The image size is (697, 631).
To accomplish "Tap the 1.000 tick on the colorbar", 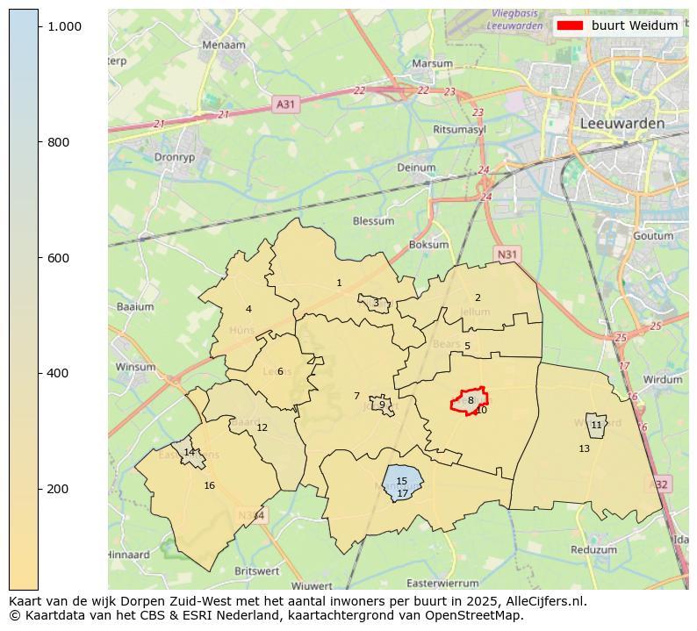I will [x=64, y=27].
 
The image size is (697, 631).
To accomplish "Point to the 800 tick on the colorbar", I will [x=58, y=142].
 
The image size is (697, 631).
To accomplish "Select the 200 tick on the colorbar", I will [x=58, y=489].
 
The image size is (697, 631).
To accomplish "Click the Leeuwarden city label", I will [x=622, y=124].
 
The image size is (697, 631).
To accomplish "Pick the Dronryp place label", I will [x=173, y=158].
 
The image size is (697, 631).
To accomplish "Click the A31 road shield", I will [x=286, y=104].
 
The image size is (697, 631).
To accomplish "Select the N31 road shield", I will [x=507, y=255].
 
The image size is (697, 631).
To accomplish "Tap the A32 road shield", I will [x=660, y=484].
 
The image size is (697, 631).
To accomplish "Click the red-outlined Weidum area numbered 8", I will [x=470, y=400].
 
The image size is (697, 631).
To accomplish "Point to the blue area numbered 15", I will [x=402, y=481].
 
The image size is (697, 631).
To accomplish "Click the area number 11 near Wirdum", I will [x=596, y=425].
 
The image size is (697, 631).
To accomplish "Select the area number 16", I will [x=209, y=485].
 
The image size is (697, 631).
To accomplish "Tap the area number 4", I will [x=248, y=309].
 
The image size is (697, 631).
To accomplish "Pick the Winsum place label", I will [x=135, y=367].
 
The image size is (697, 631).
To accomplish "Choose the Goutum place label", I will [x=652, y=236].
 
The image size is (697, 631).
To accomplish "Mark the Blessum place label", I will [x=373, y=221].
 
